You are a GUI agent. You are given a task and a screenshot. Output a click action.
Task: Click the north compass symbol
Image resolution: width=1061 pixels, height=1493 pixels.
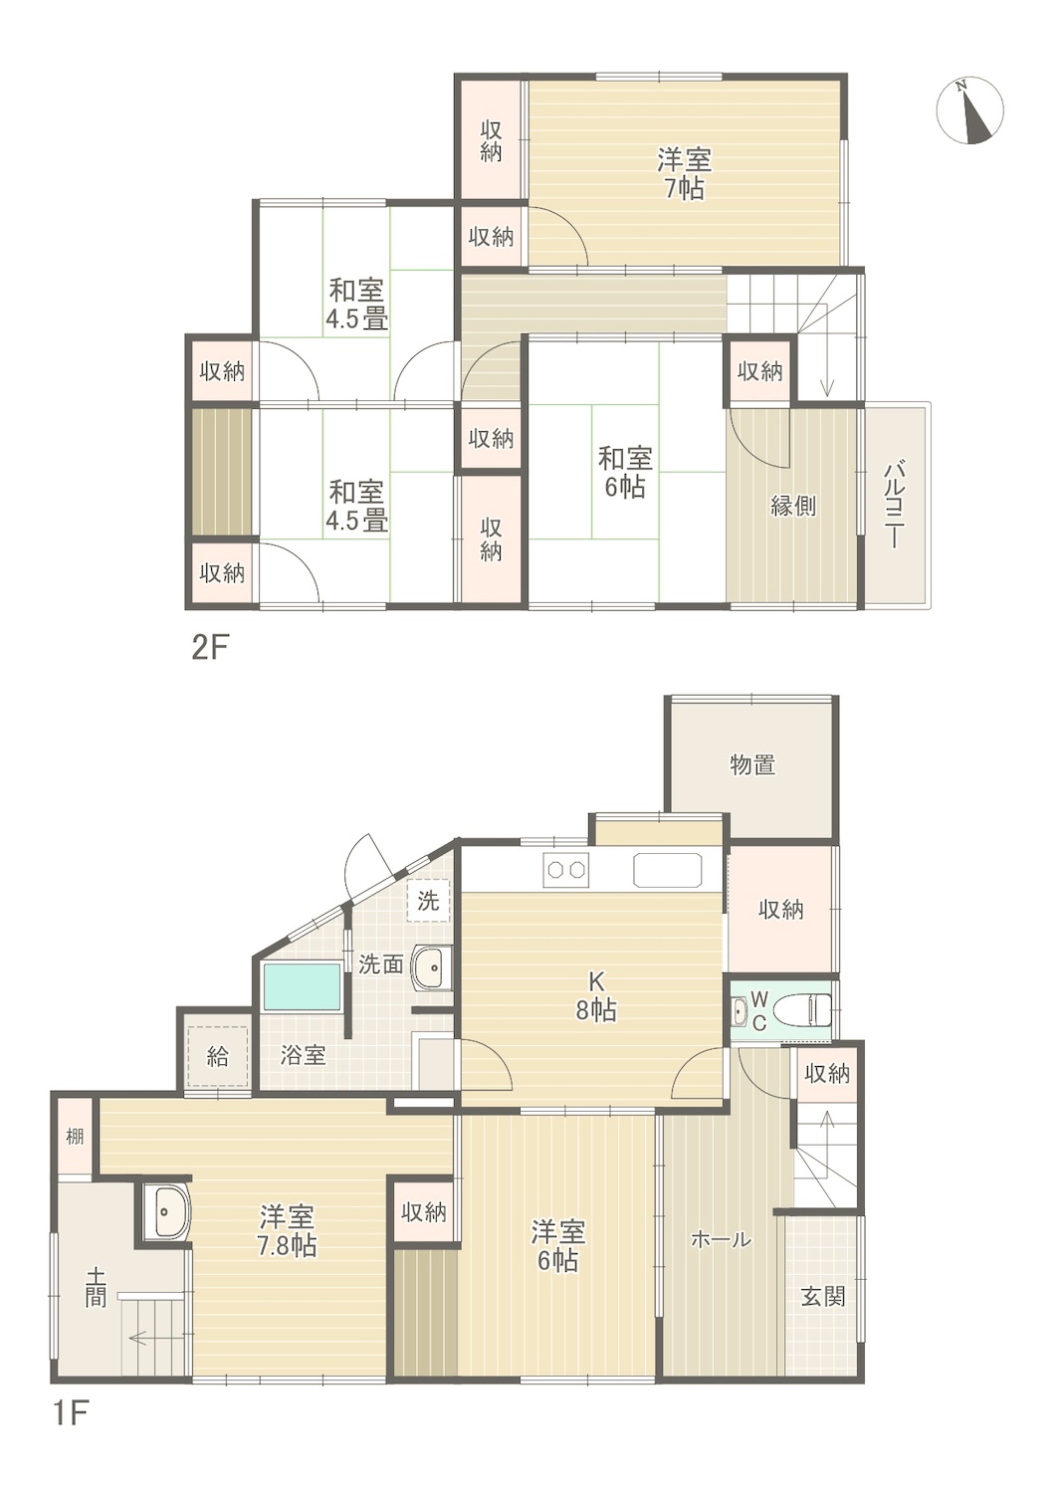pyautogui.click(x=969, y=111)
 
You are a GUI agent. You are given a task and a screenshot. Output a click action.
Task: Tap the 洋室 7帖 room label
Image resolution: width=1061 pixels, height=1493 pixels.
pyautogui.click(x=685, y=174)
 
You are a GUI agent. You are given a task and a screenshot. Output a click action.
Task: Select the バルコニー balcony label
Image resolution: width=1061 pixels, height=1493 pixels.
pyautogui.click(x=894, y=506)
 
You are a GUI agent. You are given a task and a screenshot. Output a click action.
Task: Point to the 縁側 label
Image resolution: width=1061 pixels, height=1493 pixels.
pyautogui.click(x=793, y=506)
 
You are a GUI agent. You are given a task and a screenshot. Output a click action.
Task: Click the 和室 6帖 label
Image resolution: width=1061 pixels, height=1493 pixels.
pyautogui.click(x=624, y=473)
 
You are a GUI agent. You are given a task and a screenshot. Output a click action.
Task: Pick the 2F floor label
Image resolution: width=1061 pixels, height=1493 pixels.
pyautogui.click(x=210, y=649)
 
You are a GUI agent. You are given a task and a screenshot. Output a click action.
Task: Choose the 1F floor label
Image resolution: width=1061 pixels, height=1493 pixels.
pyautogui.click(x=71, y=1465)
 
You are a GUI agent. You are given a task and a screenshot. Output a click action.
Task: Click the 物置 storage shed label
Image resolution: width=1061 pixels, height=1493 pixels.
pyautogui.click(x=752, y=764)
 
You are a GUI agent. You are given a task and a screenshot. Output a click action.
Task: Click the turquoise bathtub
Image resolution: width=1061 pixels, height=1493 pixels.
pyautogui.click(x=303, y=986)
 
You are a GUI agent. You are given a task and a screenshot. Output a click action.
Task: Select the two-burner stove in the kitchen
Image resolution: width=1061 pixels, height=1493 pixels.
pyautogui.click(x=565, y=870)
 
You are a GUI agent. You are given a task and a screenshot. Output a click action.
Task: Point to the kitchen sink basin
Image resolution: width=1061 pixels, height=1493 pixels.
pyautogui.click(x=667, y=870)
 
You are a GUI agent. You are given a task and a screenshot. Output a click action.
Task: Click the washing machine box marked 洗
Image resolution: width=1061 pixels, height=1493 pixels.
pyautogui.click(x=429, y=901)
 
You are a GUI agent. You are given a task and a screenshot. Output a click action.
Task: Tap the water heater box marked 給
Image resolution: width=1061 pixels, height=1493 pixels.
pyautogui.click(x=217, y=1056)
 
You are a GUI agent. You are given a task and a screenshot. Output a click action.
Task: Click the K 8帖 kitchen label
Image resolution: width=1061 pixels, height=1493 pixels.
pyautogui.click(x=595, y=996)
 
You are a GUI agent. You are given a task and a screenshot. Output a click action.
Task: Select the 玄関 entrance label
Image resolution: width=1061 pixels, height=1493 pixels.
pyautogui.click(x=823, y=1296)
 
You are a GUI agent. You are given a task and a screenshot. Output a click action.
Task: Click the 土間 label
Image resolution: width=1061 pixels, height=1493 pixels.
pyautogui.click(x=96, y=1288)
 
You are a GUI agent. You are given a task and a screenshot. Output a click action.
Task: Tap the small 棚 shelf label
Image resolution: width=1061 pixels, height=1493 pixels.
pyautogui.click(x=75, y=1136)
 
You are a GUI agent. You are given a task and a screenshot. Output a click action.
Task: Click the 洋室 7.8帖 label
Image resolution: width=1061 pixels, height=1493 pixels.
pyautogui.click(x=288, y=1231)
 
